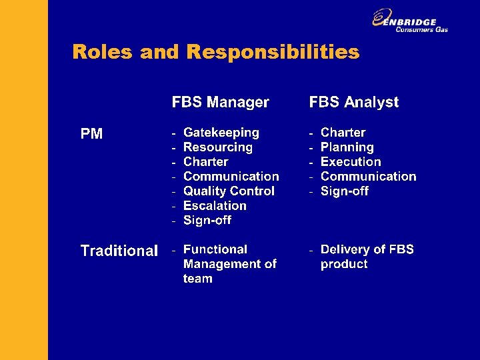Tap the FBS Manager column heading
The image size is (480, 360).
tap(221, 102)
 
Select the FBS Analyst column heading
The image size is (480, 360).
tap(354, 102)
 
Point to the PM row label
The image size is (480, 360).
tap(91, 134)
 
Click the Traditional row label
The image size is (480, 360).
tap(119, 251)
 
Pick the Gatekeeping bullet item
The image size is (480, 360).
tap(221, 133)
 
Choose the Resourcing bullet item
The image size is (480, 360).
tap(217, 147)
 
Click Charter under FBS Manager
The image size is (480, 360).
tap(205, 162)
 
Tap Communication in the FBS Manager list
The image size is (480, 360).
tap(231, 177)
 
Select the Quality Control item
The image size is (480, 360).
tap(229, 191)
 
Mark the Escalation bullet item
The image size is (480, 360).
tap(215, 206)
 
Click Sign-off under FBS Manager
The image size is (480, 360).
tap(207, 221)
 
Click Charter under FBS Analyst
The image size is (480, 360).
tap(343, 133)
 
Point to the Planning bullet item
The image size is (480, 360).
tap(347, 147)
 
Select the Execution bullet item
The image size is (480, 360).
tap(351, 162)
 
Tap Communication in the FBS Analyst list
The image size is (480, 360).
tap(368, 177)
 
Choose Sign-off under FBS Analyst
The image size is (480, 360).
tap(344, 191)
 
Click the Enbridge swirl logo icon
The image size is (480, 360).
tap(382, 18)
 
